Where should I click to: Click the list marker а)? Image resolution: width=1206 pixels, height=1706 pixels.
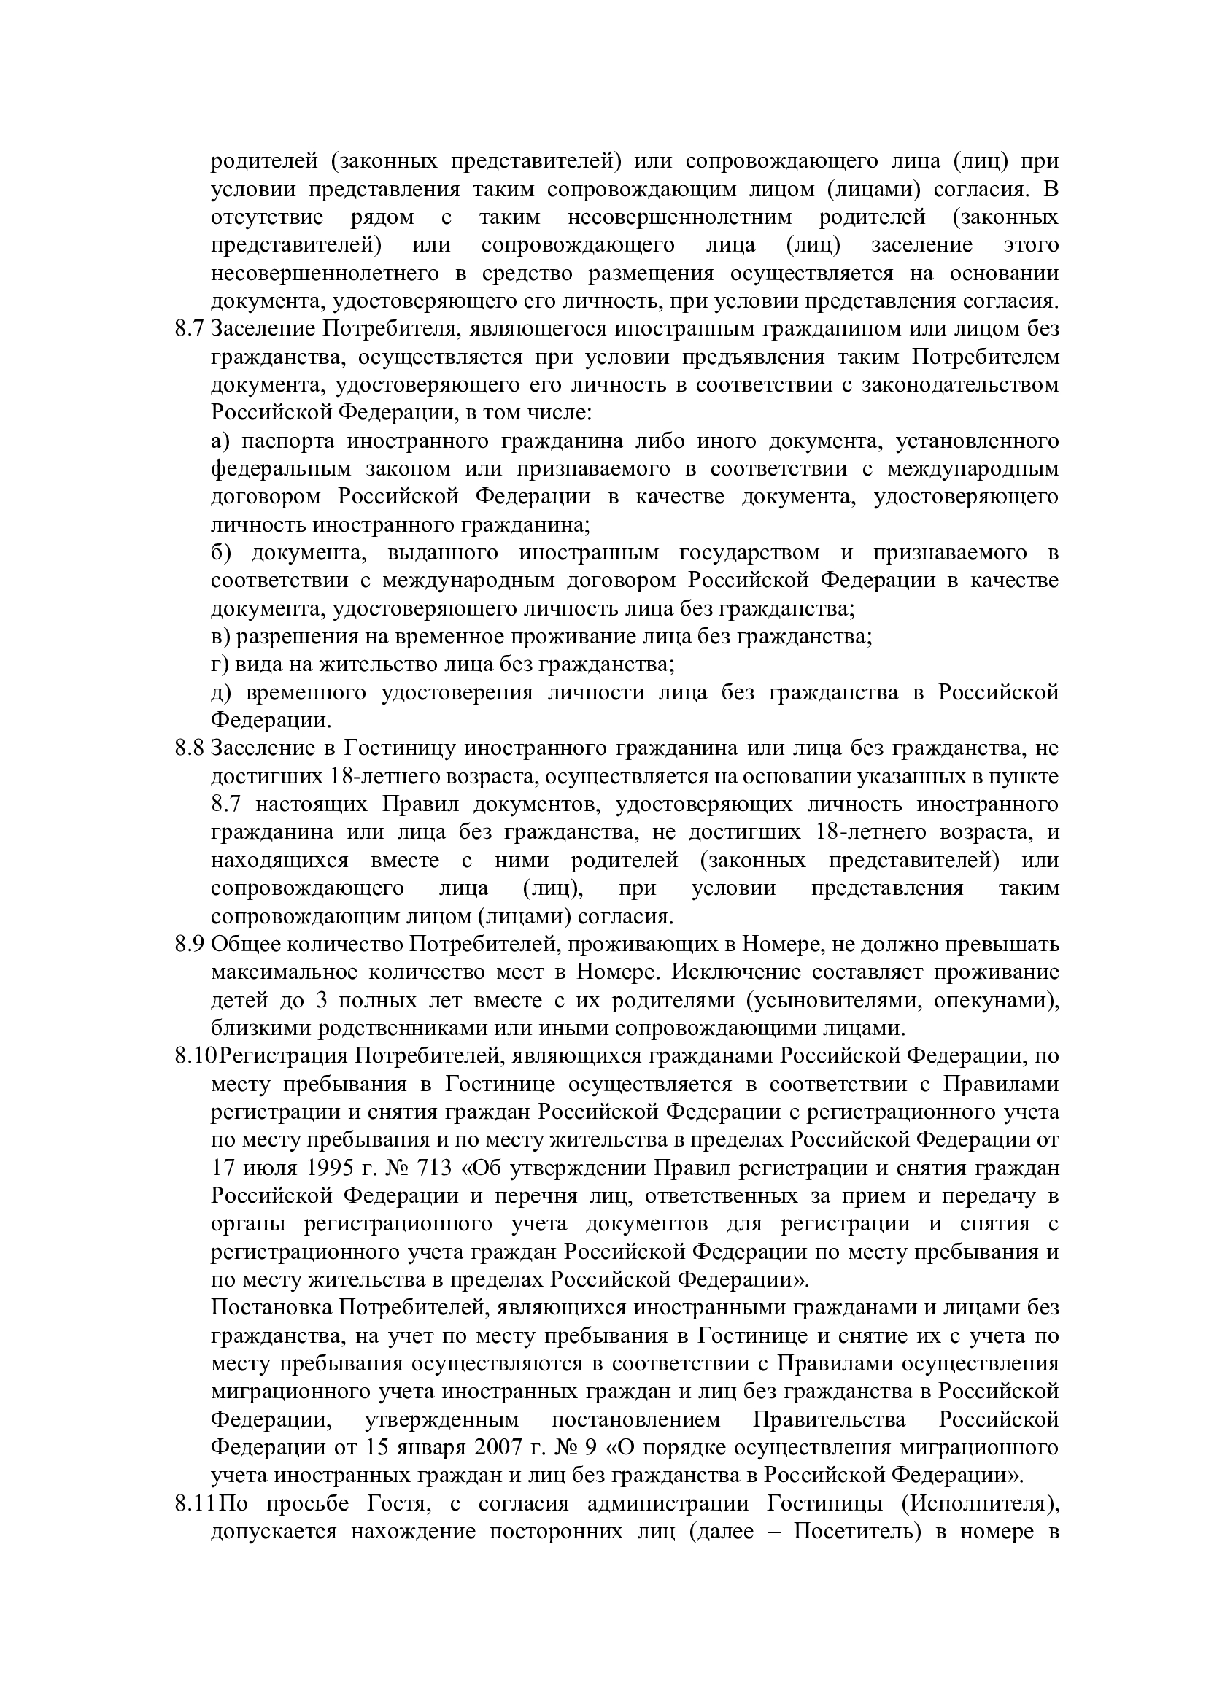click(220, 441)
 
